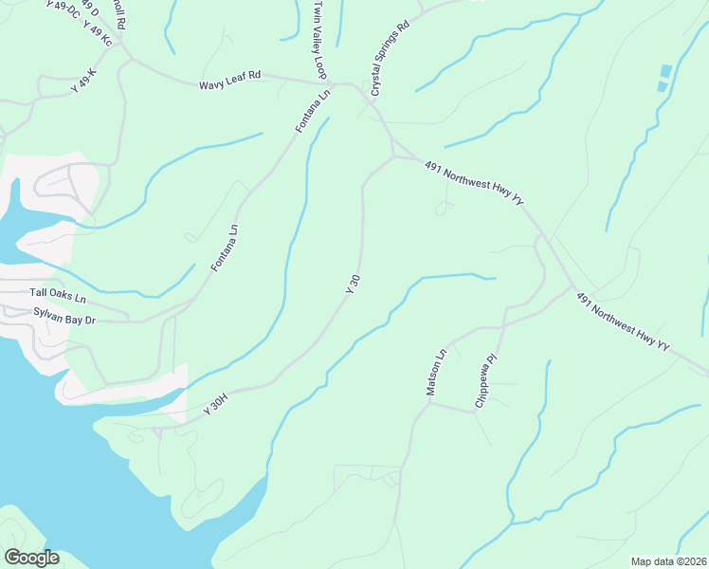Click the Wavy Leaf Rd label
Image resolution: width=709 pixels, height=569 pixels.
tap(229, 85)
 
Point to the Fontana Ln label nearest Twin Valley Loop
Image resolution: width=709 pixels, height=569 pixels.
tap(313, 111)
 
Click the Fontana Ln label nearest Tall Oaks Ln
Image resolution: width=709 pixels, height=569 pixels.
tap(227, 248)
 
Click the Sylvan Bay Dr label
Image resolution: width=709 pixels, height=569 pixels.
tap(64, 316)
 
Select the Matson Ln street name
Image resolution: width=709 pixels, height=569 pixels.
tap(435, 374)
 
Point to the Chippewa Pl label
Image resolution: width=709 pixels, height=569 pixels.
tap(486, 381)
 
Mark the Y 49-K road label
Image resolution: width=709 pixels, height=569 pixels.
tap(84, 80)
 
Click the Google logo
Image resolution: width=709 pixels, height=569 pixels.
tap(31, 557)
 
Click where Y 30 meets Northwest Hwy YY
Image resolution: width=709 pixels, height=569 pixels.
tap(393, 156)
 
